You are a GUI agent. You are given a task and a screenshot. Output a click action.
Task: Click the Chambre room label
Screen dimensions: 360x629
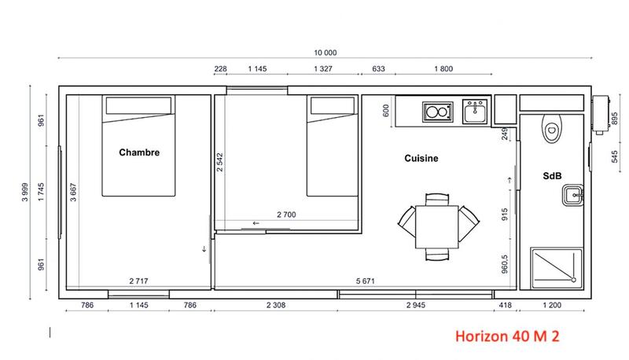tap(139, 152)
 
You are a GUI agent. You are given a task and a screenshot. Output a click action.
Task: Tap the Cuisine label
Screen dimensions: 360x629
tap(421, 158)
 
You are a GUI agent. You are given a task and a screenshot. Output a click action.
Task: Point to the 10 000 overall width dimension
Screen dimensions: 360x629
tap(325, 53)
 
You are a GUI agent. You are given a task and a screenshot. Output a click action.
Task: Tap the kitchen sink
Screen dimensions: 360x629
tap(474, 112)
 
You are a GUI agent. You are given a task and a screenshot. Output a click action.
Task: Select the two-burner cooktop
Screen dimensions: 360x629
tap(436, 113)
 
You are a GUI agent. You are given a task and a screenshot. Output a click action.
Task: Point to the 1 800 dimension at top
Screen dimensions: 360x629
tap(443, 69)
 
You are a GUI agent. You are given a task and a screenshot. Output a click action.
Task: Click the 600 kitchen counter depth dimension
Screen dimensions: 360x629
tap(386, 111)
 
